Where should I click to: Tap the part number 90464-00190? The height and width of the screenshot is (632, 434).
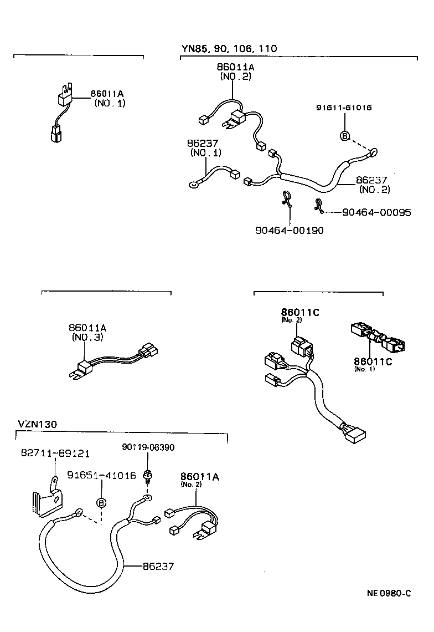click(x=289, y=230)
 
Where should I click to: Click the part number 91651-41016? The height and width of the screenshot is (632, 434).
click(x=102, y=475)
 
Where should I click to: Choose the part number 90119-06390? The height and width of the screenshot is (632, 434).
click(x=148, y=447)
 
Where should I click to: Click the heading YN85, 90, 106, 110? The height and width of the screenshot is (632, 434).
click(x=229, y=49)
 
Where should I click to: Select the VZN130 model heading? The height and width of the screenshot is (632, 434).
click(x=37, y=425)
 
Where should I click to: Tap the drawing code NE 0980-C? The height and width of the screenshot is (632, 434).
click(x=389, y=593)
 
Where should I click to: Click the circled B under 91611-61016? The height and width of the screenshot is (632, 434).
click(x=344, y=136)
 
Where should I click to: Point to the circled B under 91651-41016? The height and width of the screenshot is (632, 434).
click(x=102, y=503)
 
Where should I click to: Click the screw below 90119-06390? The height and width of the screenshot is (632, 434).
click(x=147, y=475)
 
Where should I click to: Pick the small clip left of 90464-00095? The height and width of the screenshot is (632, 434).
click(x=319, y=205)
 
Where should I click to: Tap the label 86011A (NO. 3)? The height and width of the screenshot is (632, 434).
click(x=87, y=332)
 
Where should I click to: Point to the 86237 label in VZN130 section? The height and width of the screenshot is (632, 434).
click(x=158, y=566)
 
